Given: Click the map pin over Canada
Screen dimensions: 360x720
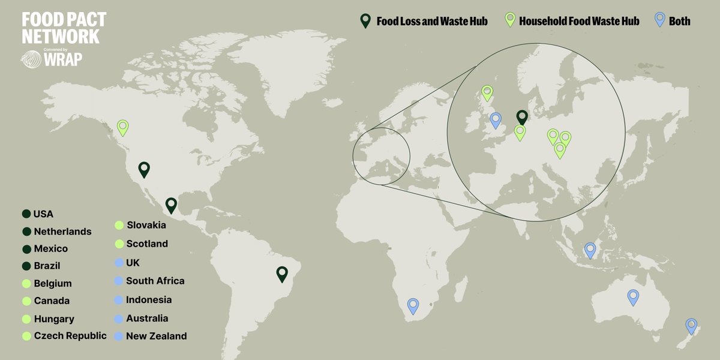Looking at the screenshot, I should [123, 127].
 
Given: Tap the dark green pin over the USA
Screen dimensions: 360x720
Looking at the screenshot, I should [144, 169].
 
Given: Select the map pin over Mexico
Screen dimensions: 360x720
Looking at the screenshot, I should [172, 205].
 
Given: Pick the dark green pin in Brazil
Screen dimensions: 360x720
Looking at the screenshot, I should [282, 274].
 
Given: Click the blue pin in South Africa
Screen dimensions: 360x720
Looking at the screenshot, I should [413, 305].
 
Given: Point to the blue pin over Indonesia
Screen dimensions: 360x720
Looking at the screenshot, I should [590, 250].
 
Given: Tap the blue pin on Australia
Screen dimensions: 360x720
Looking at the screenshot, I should [633, 296].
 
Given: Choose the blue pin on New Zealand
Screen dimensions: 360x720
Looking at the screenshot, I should [691, 326].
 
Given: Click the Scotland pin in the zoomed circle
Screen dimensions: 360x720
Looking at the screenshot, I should [487, 93].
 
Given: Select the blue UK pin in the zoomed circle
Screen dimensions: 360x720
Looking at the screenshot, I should [496, 120].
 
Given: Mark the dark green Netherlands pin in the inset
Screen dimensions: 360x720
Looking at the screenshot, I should [522, 118].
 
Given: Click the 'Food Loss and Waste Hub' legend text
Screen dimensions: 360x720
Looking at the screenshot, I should [432, 22].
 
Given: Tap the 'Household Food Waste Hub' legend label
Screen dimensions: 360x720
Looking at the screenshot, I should [579, 22].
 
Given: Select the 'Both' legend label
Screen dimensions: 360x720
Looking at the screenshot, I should [680, 22].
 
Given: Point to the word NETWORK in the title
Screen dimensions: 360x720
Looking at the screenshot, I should [61, 37].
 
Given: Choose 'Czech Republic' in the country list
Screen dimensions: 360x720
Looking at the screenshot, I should [70, 335].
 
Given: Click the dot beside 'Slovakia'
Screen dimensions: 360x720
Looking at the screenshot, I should [119, 226].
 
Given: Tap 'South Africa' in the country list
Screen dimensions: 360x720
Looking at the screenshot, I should [155, 281].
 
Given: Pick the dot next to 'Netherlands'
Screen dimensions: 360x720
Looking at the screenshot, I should [26, 232].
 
